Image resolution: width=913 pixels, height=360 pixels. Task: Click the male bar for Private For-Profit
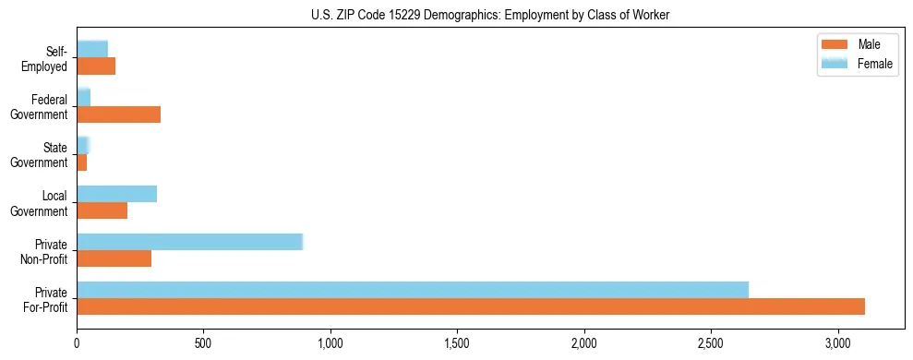[x=471, y=306]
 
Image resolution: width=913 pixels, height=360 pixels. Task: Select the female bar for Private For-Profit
[x=413, y=290]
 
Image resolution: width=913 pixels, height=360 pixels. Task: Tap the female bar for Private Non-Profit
[x=189, y=242]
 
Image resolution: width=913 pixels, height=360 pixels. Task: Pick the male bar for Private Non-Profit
[x=114, y=258]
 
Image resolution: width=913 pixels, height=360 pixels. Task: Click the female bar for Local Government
[x=116, y=194]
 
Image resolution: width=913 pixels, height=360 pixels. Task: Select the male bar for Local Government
[x=102, y=210]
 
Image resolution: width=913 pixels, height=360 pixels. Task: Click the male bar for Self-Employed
[x=96, y=66]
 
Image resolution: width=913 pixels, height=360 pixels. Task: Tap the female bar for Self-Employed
[x=92, y=49]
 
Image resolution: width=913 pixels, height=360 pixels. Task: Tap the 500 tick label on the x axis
[x=204, y=343]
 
